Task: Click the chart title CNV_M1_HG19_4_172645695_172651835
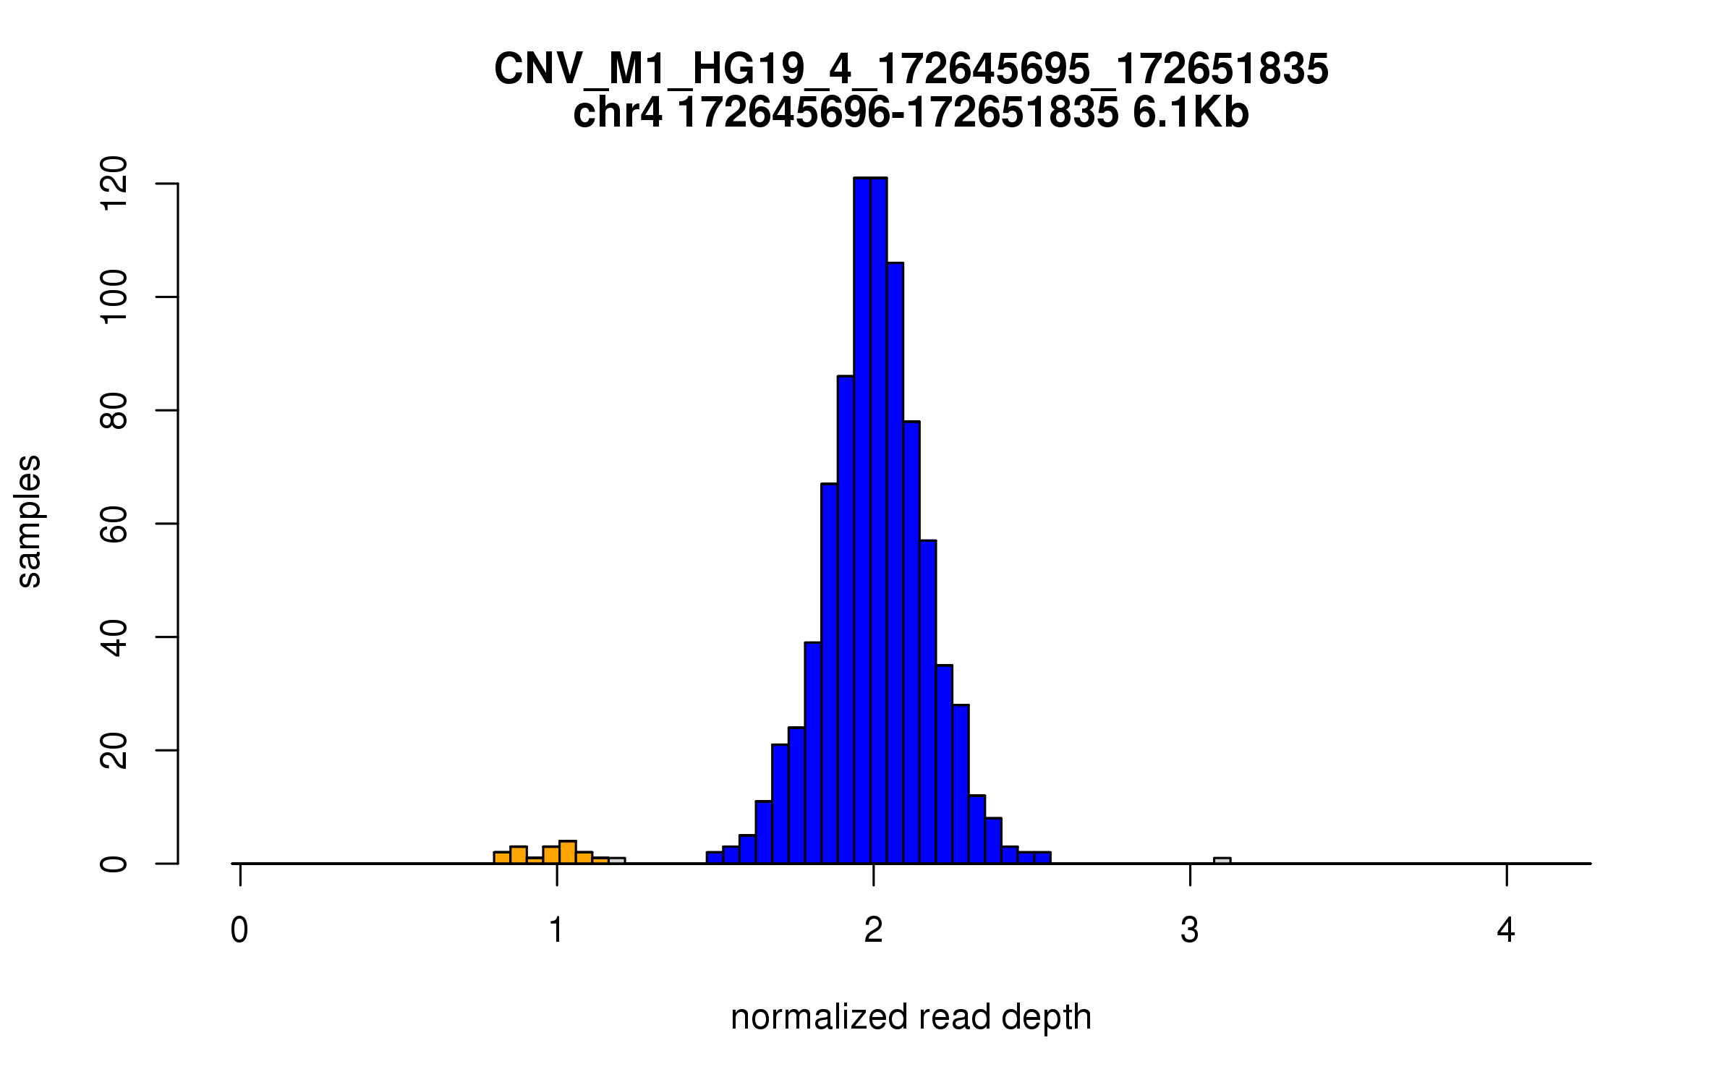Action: [x=911, y=69]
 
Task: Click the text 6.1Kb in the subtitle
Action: [x=1191, y=114]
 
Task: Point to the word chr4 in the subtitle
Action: [x=617, y=114]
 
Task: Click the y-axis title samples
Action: [x=29, y=522]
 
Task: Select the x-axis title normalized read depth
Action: [x=911, y=1017]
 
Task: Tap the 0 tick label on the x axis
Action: [x=239, y=930]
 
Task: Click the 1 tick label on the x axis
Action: [x=556, y=930]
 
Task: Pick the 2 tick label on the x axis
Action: [x=873, y=930]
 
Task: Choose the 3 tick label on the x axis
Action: [x=1190, y=930]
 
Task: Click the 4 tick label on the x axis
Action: [x=1506, y=930]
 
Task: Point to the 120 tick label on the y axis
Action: [x=114, y=184]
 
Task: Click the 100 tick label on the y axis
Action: [x=114, y=297]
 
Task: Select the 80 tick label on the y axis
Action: [x=114, y=411]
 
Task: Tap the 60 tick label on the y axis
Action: [x=114, y=524]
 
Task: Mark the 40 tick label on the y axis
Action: [x=114, y=637]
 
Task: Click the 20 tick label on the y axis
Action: [x=114, y=750]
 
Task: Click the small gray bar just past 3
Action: [x=1222, y=861]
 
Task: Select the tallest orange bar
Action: [x=568, y=852]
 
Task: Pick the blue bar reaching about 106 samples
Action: [x=895, y=564]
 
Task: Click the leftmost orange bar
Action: [x=502, y=858]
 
